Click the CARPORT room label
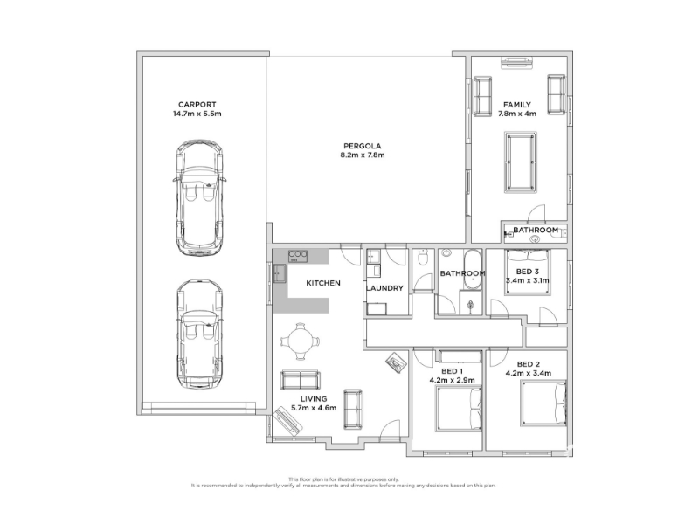(197, 105)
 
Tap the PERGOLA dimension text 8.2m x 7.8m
(362, 155)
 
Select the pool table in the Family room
(520, 162)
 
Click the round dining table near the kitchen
(300, 341)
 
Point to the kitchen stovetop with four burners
(298, 256)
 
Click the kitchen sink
(280, 273)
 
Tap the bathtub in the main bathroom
(472, 269)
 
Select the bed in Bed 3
(529, 272)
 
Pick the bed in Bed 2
(543, 403)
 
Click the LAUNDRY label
(384, 288)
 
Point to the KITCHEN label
(323, 283)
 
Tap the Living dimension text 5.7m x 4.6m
(314, 408)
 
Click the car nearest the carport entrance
(199, 334)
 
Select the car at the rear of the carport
(199, 198)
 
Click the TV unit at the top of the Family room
(516, 62)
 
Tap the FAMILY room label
(517, 105)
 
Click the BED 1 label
(452, 371)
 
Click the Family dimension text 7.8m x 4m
(517, 114)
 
